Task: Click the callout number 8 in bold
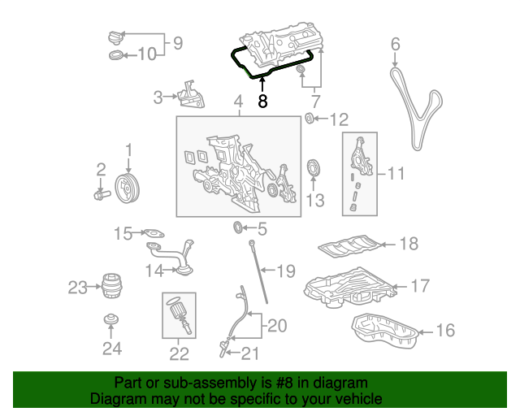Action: click(x=262, y=102)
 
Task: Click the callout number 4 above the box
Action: click(x=238, y=102)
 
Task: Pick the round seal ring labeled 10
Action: click(x=116, y=55)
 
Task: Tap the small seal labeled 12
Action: click(x=309, y=120)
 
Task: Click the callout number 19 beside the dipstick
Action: click(x=286, y=270)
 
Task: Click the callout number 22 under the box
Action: click(x=178, y=353)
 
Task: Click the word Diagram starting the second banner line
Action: click(x=115, y=399)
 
